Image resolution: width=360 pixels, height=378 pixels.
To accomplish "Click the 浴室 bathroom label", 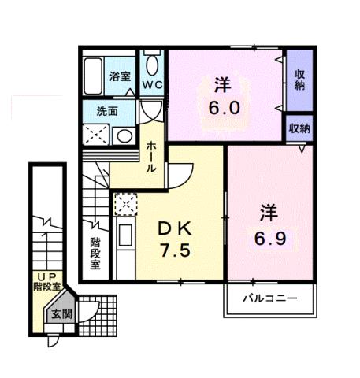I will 119,77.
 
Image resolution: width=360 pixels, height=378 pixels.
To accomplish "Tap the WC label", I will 152,83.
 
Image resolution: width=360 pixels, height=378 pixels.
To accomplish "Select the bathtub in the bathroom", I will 95,76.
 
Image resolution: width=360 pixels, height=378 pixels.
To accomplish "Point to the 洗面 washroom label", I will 107,111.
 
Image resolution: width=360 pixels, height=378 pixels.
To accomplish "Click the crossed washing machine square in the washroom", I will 98,135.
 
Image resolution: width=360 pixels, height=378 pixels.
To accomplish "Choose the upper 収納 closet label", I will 299,79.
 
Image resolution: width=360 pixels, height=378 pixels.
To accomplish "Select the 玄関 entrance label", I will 60,313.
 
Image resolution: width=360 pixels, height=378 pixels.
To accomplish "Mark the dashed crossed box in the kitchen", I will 124,205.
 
